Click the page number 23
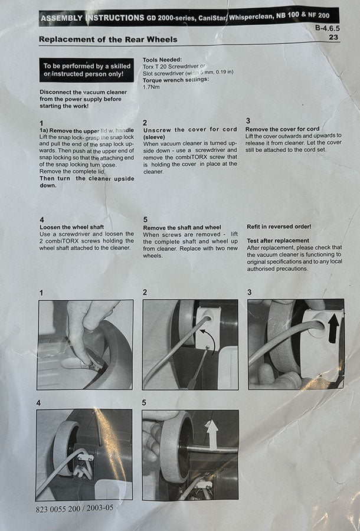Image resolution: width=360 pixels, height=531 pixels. coord(333,37)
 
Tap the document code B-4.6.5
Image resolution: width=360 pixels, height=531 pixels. coord(327,28)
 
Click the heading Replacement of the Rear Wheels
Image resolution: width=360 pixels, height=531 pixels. coord(108,40)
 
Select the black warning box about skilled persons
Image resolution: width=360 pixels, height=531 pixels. coord(87,70)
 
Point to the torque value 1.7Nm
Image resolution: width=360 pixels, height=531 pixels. coord(151,87)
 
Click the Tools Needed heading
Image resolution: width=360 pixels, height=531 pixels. coord(162,60)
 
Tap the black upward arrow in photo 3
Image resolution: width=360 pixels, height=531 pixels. coord(333,327)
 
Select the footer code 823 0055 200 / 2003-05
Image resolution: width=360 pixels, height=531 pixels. coord(74,509)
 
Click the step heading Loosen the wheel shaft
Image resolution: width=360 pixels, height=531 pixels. coord(72,227)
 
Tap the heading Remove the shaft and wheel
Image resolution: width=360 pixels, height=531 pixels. coord(182,228)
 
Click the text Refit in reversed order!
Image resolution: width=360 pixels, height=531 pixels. coord(279,227)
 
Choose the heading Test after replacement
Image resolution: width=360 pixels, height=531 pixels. coord(278,241)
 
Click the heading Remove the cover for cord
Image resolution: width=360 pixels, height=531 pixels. coord(283,129)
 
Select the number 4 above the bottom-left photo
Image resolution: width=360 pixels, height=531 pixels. coord(38,403)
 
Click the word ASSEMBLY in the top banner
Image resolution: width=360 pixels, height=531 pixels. coord(61,18)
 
